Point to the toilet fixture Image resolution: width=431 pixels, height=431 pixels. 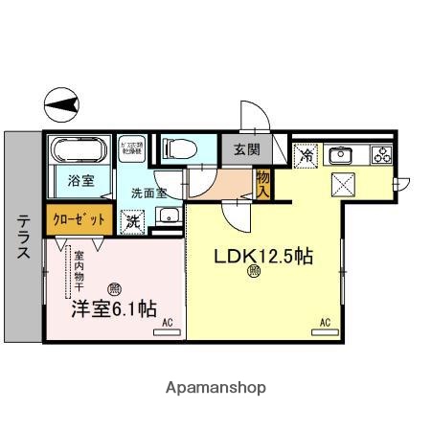(178, 148)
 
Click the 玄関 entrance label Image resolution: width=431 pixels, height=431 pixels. (239, 149)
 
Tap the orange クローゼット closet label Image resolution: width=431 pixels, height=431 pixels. (79, 218)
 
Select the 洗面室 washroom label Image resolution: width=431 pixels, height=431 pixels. (149, 192)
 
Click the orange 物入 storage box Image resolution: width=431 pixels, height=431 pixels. (262, 183)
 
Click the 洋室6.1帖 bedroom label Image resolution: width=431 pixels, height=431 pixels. (113, 308)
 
